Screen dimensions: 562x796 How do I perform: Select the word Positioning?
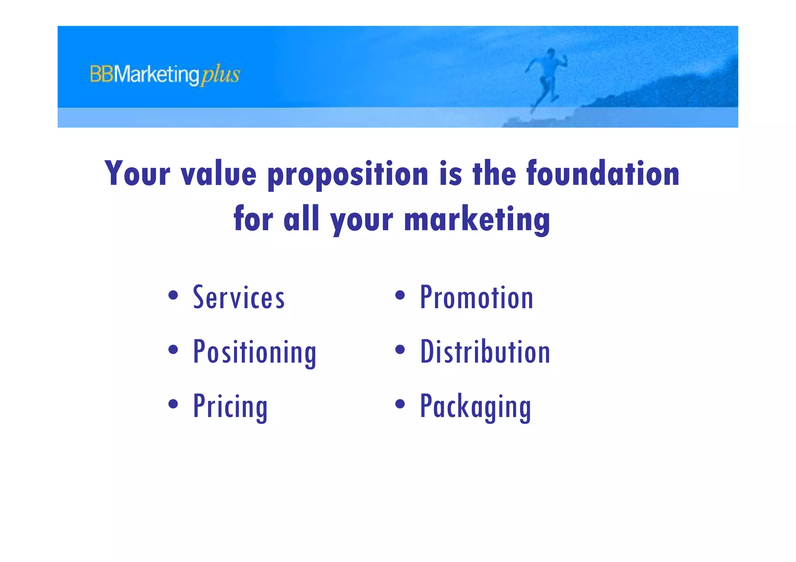(255, 352)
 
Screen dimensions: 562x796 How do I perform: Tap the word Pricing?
(230, 406)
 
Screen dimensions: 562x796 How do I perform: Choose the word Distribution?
(485, 352)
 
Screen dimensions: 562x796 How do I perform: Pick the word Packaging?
(475, 406)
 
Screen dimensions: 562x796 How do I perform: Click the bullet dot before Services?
(173, 295)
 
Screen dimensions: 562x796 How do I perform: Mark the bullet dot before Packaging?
(400, 404)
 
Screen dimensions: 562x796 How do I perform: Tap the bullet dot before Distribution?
(400, 350)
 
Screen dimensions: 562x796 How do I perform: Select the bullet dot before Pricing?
(173, 404)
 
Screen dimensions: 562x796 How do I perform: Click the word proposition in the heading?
(348, 174)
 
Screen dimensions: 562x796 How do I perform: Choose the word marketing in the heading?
(477, 219)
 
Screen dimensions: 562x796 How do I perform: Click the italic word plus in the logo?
(220, 75)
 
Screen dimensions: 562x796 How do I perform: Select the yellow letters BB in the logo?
(101, 74)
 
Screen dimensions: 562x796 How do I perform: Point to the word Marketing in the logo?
(157, 75)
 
